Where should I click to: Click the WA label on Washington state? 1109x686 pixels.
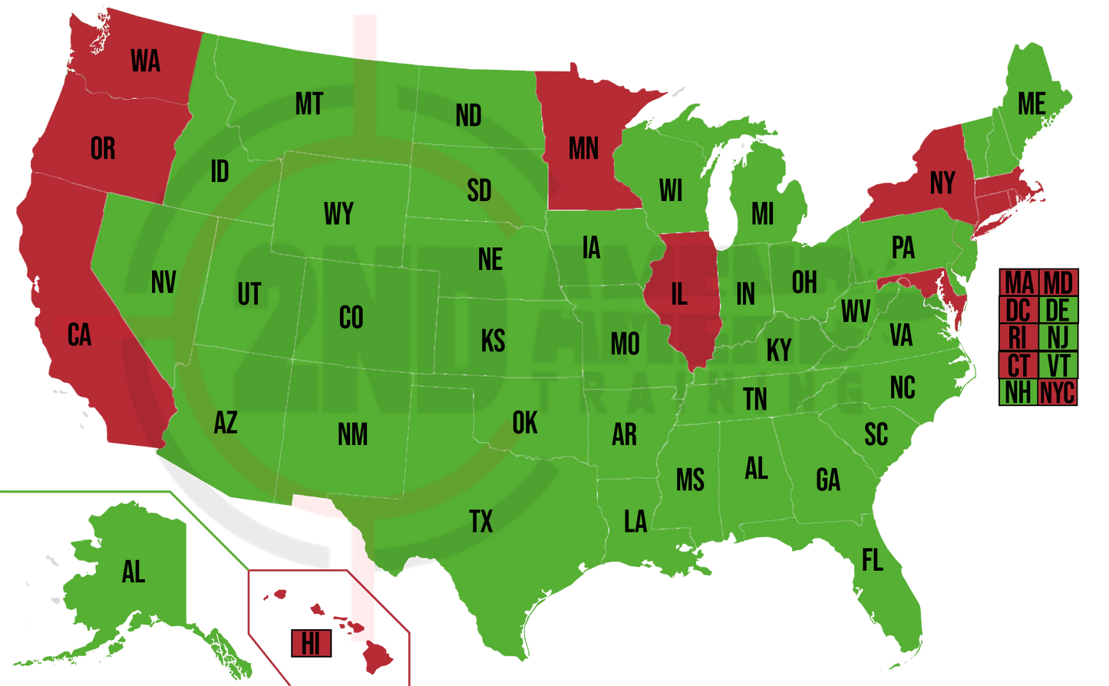click(x=145, y=61)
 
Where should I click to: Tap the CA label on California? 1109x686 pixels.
click(x=79, y=335)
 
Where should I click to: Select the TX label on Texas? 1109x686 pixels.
click(x=481, y=522)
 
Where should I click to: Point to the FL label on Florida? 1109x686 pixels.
click(x=872, y=561)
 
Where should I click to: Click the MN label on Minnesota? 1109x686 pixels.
click(x=583, y=148)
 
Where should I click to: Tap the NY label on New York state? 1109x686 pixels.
click(x=942, y=183)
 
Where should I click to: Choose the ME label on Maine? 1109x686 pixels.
click(x=1031, y=104)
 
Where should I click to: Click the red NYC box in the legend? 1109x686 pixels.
click(x=1058, y=393)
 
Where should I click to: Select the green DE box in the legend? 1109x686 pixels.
click(x=1058, y=310)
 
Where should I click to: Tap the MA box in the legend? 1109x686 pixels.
click(x=1019, y=282)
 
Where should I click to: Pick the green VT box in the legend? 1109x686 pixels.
click(x=1058, y=365)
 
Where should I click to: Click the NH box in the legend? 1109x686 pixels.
click(x=1018, y=393)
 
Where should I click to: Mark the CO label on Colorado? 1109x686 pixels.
click(x=351, y=317)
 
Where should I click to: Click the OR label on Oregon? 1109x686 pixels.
click(x=103, y=148)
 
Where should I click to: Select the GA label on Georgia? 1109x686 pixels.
click(x=828, y=480)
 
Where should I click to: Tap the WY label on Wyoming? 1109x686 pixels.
click(x=338, y=214)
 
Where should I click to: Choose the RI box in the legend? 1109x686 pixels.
click(x=1018, y=338)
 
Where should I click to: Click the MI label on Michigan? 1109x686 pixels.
click(x=762, y=214)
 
